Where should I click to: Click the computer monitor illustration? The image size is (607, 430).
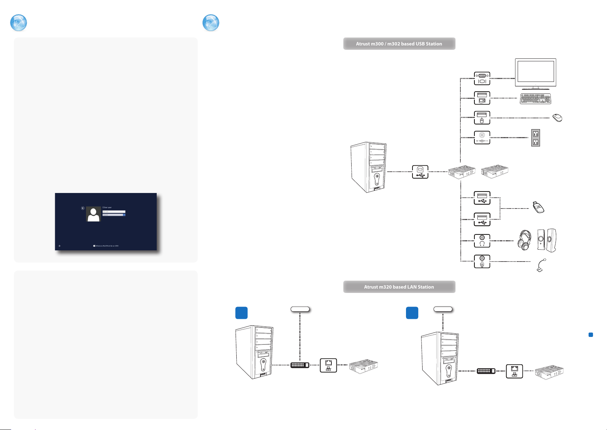(x=535, y=72)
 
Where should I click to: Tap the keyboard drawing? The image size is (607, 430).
(x=535, y=99)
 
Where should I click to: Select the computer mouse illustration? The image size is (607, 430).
(x=557, y=118)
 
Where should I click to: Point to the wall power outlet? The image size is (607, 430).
(x=536, y=138)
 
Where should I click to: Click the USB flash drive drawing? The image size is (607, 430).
(x=539, y=207)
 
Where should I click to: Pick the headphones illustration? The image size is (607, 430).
(x=525, y=240)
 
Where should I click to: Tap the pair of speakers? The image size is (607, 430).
(x=546, y=240)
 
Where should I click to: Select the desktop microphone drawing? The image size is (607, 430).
(x=541, y=266)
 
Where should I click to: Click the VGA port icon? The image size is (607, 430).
(x=482, y=78)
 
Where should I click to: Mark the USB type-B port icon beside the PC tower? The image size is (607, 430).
(x=420, y=172)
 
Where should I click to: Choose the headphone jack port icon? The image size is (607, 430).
(x=482, y=241)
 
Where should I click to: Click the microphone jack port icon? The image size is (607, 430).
(x=482, y=262)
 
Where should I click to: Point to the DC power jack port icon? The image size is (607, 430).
(x=482, y=137)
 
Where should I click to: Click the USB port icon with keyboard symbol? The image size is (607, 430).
(x=482, y=98)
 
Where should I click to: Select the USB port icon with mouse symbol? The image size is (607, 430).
(x=482, y=118)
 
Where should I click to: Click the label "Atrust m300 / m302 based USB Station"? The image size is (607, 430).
(x=399, y=44)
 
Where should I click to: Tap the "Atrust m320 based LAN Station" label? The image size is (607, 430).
(x=399, y=287)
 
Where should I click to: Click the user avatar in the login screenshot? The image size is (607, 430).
(x=94, y=214)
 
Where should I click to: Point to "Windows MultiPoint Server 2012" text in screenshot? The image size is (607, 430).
(x=107, y=246)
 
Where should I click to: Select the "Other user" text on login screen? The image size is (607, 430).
(x=107, y=207)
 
